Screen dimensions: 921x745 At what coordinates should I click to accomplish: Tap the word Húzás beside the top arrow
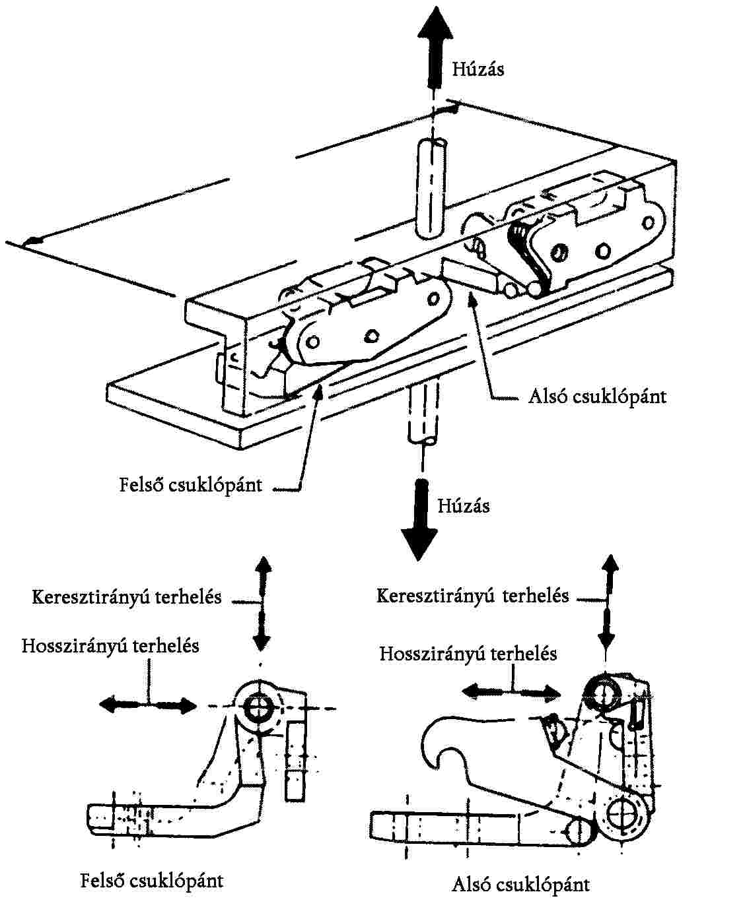[478, 69]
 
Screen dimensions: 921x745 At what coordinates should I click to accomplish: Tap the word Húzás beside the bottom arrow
[463, 505]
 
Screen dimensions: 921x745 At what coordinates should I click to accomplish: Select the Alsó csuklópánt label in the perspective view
[597, 396]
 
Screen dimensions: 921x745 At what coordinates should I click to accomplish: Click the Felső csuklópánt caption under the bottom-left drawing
[151, 880]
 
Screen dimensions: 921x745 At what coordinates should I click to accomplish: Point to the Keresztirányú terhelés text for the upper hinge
[126, 597]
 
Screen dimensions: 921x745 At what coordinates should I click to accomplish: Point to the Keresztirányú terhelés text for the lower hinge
[472, 596]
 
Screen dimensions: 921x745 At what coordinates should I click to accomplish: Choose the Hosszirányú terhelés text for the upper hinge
[110, 645]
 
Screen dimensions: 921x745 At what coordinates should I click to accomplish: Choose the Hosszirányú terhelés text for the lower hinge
[468, 653]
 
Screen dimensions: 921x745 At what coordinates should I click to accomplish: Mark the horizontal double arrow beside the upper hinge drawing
[148, 705]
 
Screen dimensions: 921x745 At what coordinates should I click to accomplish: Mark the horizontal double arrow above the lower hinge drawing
[511, 691]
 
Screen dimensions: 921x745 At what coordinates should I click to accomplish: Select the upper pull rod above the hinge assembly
[431, 188]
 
